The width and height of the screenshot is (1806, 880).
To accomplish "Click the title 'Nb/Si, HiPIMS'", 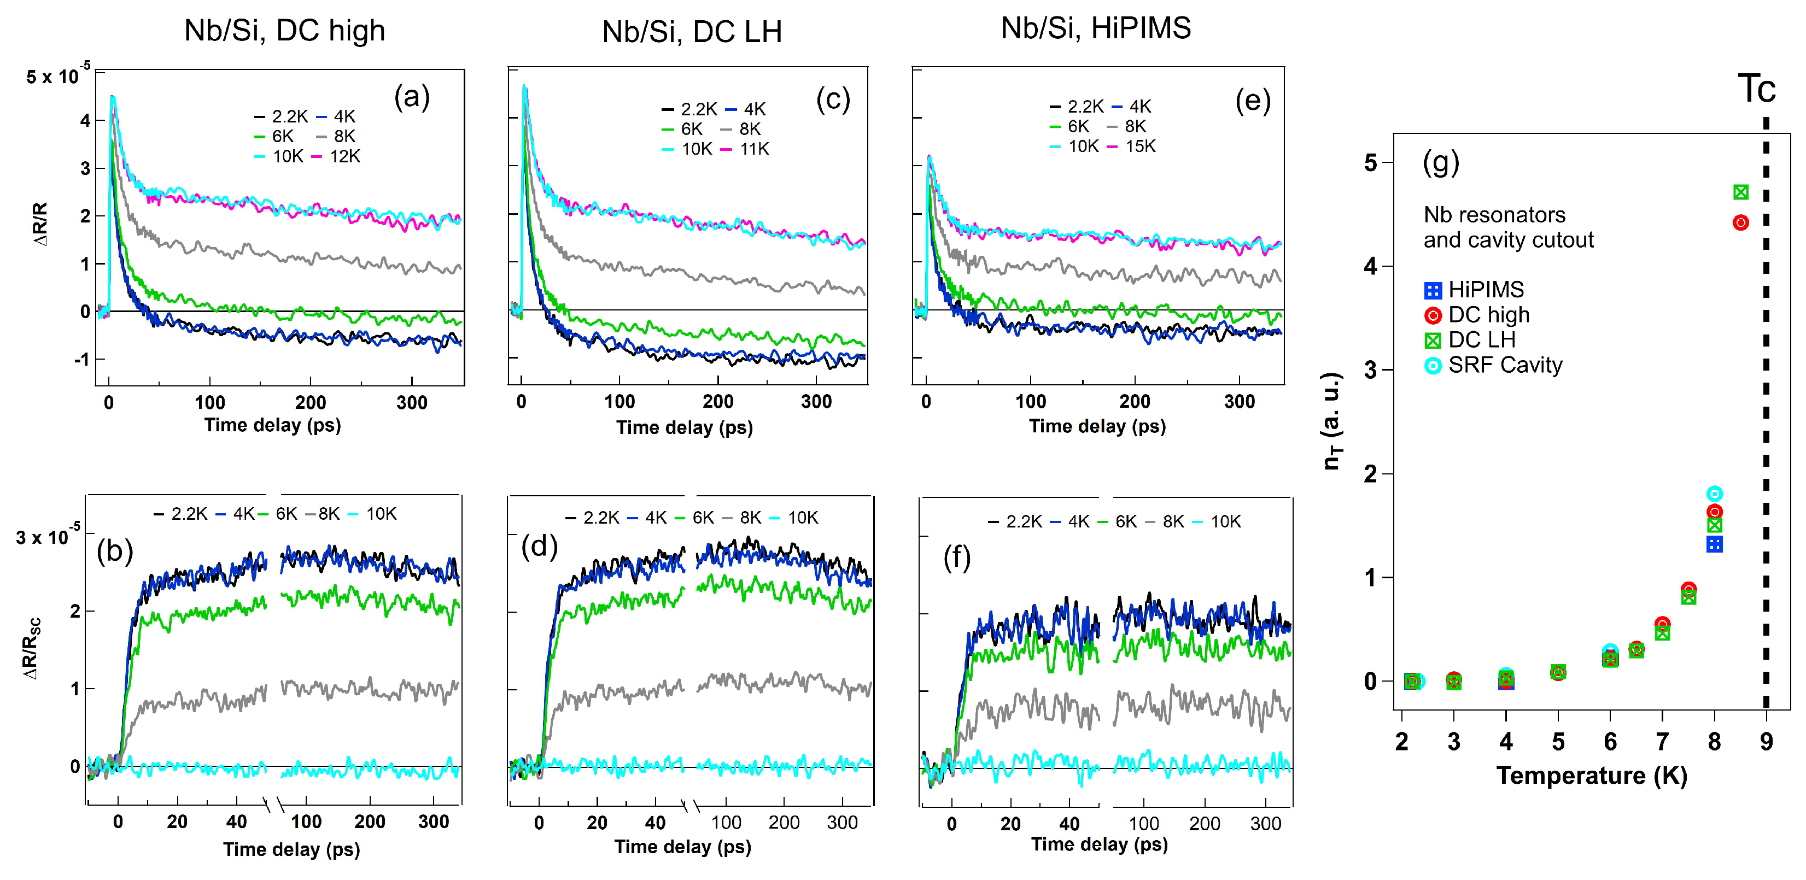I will tap(1095, 28).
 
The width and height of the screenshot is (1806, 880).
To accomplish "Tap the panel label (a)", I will tap(412, 97).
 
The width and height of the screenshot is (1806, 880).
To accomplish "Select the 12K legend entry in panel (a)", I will tap(336, 156).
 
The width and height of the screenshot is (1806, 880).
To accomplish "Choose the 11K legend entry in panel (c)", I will tap(745, 149).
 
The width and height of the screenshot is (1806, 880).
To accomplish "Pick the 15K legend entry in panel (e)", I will tap(1131, 146).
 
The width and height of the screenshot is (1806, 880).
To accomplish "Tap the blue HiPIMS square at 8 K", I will tap(1714, 544).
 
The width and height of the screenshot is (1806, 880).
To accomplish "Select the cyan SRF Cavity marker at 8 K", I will tap(1714, 494).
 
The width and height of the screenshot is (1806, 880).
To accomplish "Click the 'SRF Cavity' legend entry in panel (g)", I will tap(1493, 365).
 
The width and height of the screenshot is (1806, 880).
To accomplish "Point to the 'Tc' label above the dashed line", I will tap(1756, 89).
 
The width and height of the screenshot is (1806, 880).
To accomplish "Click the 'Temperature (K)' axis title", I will tap(1592, 776).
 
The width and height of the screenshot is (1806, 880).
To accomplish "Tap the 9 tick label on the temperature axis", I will tap(1766, 741).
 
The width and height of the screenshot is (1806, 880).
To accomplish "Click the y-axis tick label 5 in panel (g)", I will tap(1370, 163).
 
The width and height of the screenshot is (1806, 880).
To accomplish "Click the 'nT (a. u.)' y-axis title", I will tap(1331, 420).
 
